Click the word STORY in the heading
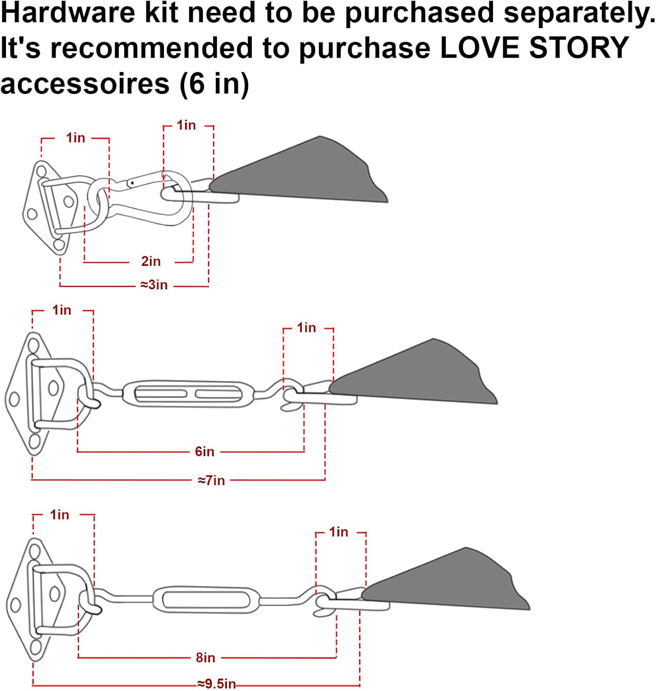point(579,47)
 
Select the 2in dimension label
point(151,261)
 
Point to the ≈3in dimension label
point(154,285)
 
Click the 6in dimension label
point(204,451)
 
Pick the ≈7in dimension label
point(211,480)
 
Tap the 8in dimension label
point(205,657)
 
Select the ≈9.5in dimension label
point(216,684)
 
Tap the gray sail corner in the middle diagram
point(419,375)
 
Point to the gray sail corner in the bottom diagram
point(453,583)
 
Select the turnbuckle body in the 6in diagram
point(188,393)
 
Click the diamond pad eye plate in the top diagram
point(46,207)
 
